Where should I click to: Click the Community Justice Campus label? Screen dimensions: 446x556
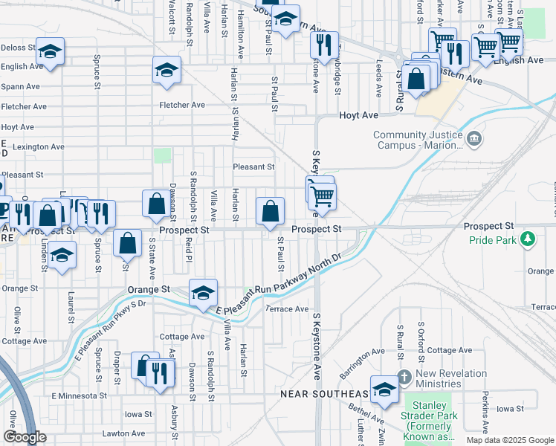tap(416, 140)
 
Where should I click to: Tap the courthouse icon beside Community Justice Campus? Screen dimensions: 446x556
tap(473, 138)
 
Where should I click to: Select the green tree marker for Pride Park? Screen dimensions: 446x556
tap(528, 239)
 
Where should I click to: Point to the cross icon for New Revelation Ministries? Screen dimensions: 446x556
tap(404, 378)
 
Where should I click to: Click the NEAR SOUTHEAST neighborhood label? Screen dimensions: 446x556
tap(325, 393)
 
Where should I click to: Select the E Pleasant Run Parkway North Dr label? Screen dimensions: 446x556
tap(278, 283)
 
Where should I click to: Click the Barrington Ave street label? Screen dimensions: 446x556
tap(363, 361)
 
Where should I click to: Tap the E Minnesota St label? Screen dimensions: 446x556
tap(80, 396)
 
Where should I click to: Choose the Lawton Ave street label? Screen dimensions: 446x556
tap(123, 433)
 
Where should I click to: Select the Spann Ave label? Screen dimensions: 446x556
tap(20, 87)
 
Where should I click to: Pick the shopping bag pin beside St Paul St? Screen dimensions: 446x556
tap(271, 211)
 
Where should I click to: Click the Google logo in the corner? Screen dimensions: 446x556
tap(25, 438)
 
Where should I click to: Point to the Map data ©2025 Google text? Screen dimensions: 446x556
tap(509, 440)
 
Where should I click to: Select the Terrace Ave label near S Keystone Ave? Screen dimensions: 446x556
tap(287, 308)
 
